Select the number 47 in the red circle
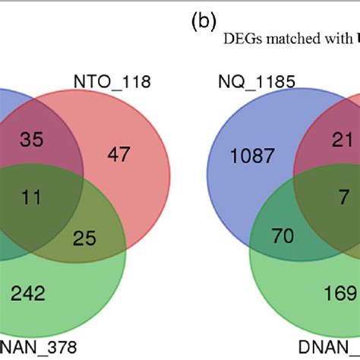pyautogui.click(x=119, y=156)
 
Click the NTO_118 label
pyautogui.click(x=112, y=81)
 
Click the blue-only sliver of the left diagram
pyautogui.click(x=6, y=114)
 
